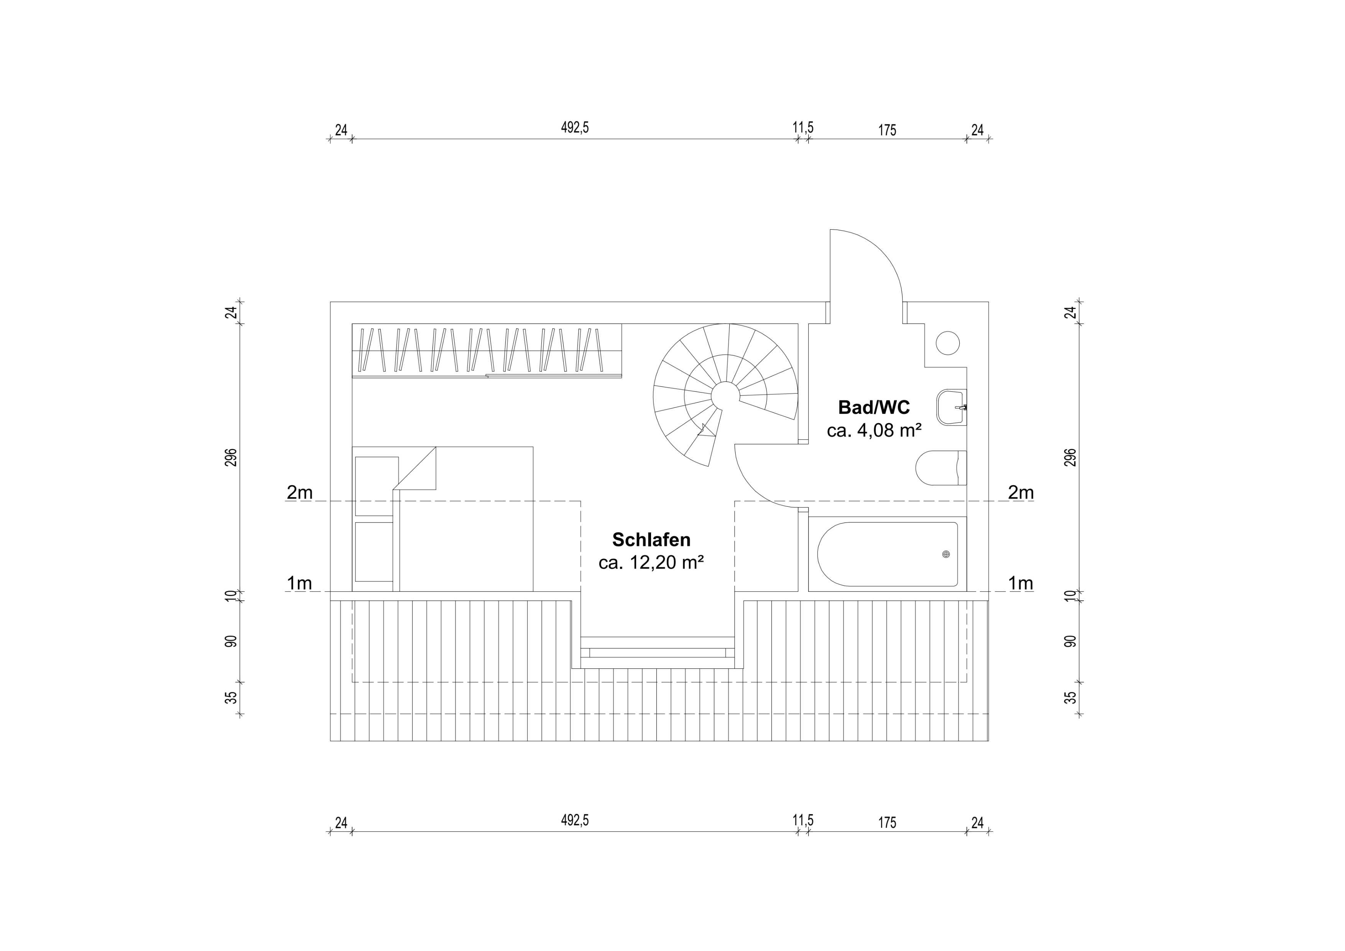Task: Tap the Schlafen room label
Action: coord(651,539)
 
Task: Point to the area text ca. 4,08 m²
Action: coord(874,430)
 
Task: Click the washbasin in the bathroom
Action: coord(951,407)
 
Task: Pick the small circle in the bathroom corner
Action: coord(948,343)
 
